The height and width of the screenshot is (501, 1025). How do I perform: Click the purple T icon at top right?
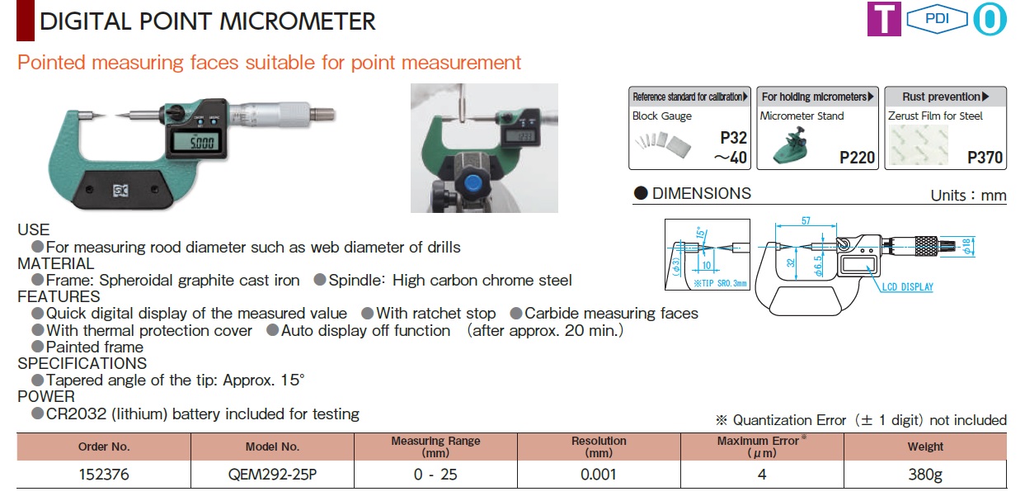[884, 19]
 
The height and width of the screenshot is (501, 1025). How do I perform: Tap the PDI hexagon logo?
[937, 19]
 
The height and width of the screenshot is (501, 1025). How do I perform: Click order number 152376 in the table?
[104, 475]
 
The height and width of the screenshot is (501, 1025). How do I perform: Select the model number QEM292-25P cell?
[272, 475]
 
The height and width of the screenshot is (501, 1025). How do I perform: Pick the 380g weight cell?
[925, 475]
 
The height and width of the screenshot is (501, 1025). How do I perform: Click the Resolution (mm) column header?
[599, 447]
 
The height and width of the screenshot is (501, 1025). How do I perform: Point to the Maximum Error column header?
[761, 447]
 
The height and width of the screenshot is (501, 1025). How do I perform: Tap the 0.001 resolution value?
[599, 475]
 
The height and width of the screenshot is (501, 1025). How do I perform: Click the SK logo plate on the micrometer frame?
[120, 191]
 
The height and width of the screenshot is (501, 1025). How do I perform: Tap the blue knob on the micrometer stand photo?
[473, 183]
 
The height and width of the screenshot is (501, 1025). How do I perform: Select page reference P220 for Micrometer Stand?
[857, 158]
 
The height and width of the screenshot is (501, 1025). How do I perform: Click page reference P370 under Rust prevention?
[985, 158]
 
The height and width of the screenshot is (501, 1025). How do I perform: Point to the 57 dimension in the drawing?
[806, 220]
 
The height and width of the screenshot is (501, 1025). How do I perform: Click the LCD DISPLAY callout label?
[907, 287]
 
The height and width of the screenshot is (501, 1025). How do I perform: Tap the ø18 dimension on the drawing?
[966, 247]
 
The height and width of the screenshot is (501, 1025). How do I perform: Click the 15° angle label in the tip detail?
[701, 233]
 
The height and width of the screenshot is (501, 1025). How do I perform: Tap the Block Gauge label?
[661, 116]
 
